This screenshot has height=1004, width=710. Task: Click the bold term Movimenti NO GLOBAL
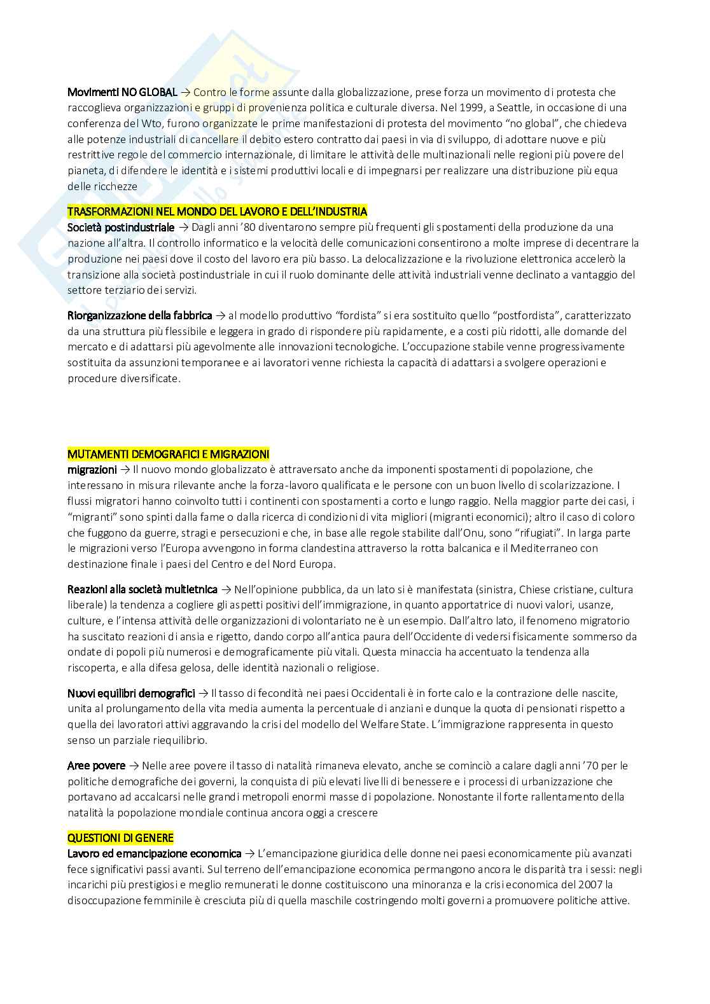(x=122, y=92)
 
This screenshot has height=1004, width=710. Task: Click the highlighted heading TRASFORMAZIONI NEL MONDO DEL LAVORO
(x=217, y=211)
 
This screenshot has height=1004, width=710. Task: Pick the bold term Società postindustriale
(x=121, y=227)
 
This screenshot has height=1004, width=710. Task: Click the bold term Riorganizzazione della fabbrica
(x=139, y=315)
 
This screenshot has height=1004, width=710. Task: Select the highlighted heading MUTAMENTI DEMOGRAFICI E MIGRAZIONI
(x=168, y=454)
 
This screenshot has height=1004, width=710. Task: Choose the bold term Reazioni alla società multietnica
(x=143, y=589)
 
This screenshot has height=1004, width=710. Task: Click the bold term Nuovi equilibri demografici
(x=131, y=693)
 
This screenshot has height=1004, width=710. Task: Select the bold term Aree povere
(x=96, y=766)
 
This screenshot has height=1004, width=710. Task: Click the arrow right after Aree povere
(x=134, y=766)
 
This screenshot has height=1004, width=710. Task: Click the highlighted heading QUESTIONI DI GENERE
(x=120, y=838)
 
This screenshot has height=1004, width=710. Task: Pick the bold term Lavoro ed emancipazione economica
(x=155, y=853)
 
